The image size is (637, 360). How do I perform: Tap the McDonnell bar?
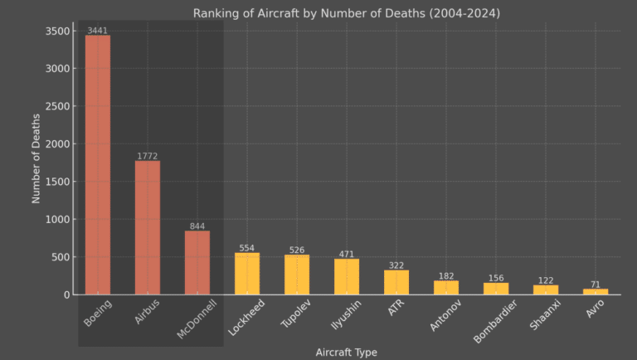click(x=197, y=262)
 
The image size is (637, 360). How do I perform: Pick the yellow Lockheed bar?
click(x=247, y=274)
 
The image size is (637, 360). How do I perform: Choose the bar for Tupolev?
click(x=297, y=275)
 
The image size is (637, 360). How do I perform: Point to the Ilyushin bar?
click(x=347, y=276)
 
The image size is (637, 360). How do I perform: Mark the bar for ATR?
click(x=396, y=282)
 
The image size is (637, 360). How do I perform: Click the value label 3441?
click(x=98, y=31)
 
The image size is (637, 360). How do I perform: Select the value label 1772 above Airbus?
click(x=148, y=156)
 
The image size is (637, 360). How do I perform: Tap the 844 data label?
click(x=197, y=226)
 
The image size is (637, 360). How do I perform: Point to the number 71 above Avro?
click(x=596, y=285)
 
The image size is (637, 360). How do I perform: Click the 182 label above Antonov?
click(x=446, y=275)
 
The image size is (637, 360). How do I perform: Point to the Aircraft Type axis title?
click(x=347, y=353)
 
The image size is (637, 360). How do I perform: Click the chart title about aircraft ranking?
click(x=347, y=13)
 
